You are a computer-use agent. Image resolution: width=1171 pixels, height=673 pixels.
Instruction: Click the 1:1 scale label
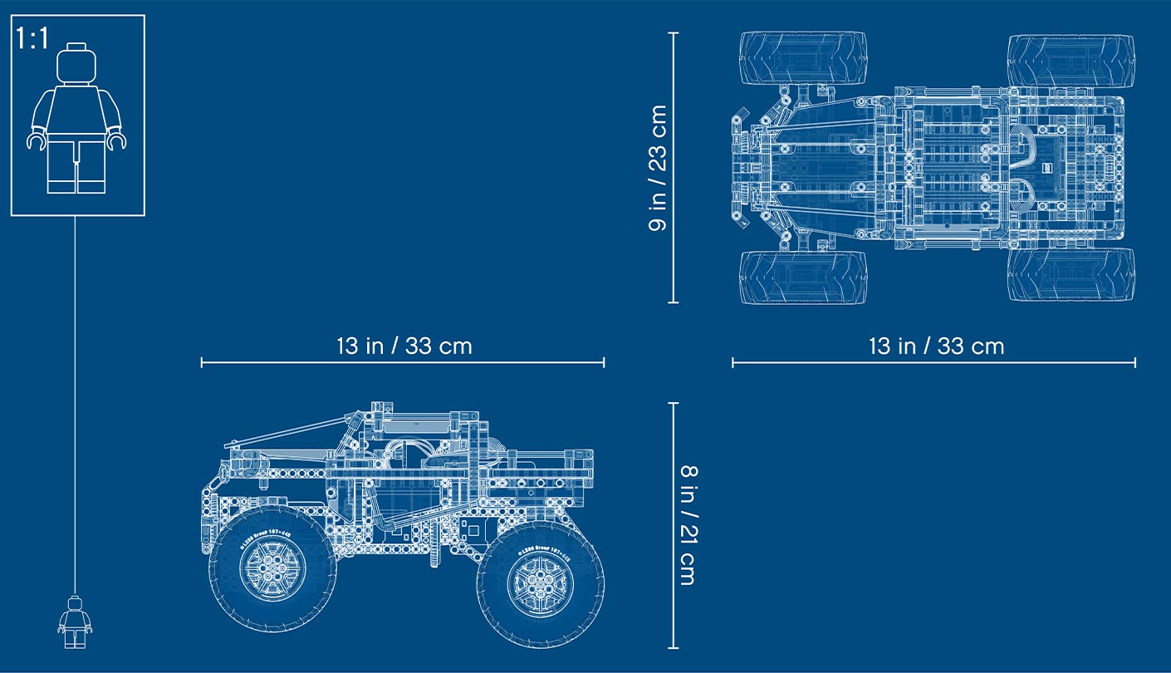(32, 38)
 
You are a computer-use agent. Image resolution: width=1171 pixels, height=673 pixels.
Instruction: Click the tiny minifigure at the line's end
(75, 621)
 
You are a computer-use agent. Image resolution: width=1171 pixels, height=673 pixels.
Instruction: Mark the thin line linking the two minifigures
(76, 399)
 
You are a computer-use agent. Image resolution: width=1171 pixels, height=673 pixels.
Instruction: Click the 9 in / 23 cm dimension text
(658, 168)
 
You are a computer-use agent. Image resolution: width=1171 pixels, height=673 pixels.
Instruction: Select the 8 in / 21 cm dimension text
(688, 525)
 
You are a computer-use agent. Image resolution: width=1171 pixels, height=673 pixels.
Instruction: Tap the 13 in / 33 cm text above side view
(404, 346)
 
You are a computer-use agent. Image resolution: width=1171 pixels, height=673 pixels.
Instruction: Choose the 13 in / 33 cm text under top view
(936, 346)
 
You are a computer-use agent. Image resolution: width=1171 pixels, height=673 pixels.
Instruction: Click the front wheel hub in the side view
(272, 567)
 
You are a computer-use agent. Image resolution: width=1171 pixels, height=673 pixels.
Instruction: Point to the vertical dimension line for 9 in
(674, 168)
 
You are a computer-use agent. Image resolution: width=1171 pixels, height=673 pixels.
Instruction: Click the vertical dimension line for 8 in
(674, 525)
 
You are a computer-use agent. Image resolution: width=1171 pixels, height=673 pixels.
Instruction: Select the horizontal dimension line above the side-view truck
(403, 362)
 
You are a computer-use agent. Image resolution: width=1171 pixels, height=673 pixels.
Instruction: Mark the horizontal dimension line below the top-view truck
(933, 362)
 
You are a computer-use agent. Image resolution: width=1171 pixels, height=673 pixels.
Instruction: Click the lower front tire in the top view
(803, 278)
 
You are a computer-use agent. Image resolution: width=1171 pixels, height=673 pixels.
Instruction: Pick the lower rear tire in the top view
(1071, 275)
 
